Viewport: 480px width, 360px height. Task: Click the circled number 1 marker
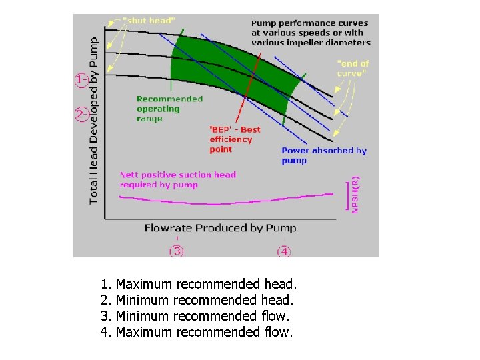pyautogui.click(x=81, y=81)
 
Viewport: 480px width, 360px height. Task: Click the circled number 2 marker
pyautogui.click(x=81, y=114)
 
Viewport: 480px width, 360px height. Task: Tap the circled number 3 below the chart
pyautogui.click(x=177, y=251)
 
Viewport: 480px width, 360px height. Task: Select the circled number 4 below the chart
pyautogui.click(x=284, y=251)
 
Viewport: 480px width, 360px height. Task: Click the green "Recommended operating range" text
pyautogui.click(x=169, y=109)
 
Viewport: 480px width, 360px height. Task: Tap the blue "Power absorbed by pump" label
pyautogui.click(x=323, y=155)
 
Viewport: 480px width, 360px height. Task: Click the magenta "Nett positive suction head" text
pyautogui.click(x=177, y=179)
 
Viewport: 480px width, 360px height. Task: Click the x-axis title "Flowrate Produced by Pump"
pyautogui.click(x=220, y=228)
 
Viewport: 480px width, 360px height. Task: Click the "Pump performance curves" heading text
pyautogui.click(x=310, y=33)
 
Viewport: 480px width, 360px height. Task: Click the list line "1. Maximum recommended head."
pyautogui.click(x=198, y=285)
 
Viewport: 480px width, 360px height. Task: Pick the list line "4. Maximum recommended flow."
pyautogui.click(x=197, y=331)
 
